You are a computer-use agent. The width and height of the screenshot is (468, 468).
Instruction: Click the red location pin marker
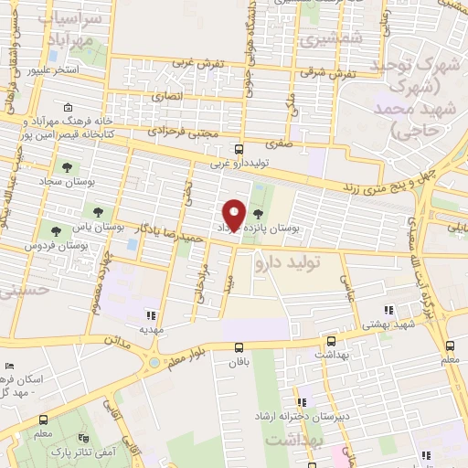235,214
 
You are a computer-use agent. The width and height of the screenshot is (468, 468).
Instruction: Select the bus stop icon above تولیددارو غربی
239,149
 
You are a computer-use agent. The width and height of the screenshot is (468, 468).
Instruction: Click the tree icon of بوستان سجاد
66,167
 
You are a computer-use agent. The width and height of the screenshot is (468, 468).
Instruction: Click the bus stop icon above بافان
239,347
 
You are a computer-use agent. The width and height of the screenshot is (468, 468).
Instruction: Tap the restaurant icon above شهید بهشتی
388,309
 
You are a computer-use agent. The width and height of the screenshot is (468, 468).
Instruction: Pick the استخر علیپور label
57,69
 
